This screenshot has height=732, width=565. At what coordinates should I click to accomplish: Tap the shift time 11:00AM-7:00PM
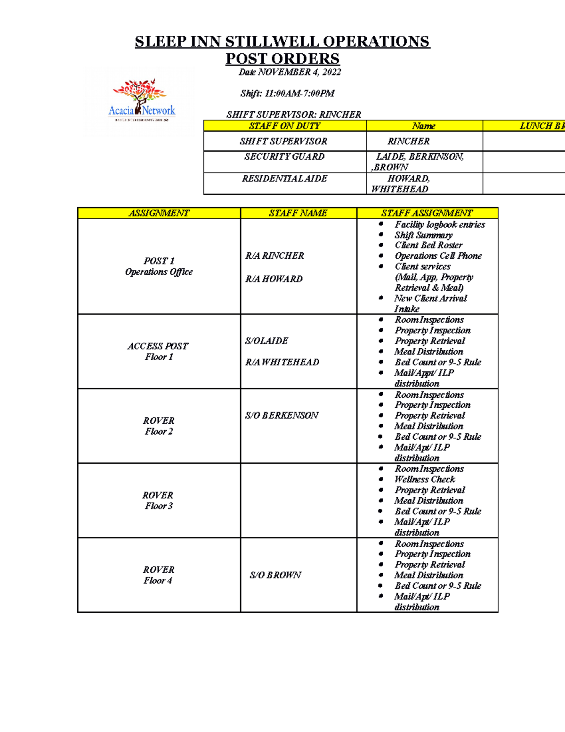(x=299, y=93)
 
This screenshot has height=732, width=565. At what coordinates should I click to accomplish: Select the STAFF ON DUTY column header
(x=284, y=126)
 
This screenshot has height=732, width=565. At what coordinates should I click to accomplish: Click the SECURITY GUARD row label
(x=284, y=156)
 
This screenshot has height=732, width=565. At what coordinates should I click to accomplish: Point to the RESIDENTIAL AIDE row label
(x=284, y=179)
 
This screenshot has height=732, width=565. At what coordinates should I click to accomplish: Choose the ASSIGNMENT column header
(x=159, y=213)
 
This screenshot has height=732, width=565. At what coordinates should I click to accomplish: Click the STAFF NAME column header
(x=298, y=213)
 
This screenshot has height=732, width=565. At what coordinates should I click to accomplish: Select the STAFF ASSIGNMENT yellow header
(x=427, y=213)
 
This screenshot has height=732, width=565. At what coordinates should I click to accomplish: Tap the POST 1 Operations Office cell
(x=159, y=266)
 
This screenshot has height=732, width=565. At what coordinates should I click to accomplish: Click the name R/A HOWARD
(x=274, y=279)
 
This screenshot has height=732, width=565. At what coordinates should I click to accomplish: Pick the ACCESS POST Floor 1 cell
(x=158, y=352)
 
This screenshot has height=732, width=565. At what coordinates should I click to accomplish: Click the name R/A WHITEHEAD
(x=282, y=362)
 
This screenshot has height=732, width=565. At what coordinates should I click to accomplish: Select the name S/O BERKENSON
(x=282, y=415)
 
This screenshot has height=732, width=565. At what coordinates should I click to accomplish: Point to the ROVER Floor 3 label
(x=158, y=501)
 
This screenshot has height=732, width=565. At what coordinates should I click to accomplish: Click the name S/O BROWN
(x=275, y=575)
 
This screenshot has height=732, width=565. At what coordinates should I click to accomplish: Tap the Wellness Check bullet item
(x=425, y=479)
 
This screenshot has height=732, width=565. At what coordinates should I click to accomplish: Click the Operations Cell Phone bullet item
(x=438, y=256)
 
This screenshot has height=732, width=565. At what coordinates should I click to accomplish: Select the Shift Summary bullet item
(x=424, y=235)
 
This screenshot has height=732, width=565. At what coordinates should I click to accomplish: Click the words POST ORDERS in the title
(x=282, y=58)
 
